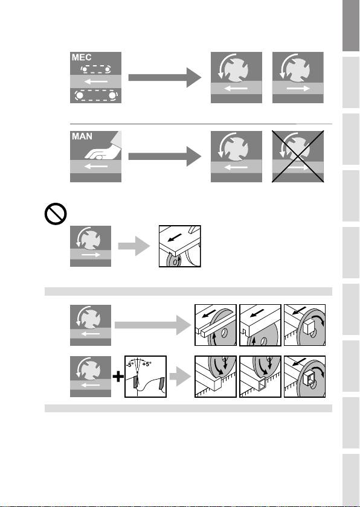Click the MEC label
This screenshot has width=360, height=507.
click(x=82, y=57)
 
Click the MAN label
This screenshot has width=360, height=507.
click(x=82, y=136)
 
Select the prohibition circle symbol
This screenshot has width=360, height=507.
click(x=56, y=214)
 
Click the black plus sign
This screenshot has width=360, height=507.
click(x=118, y=377)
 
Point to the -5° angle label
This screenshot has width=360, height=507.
click(x=130, y=364)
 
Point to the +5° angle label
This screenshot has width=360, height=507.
click(x=147, y=364)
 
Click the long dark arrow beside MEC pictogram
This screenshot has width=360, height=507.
click(x=165, y=77)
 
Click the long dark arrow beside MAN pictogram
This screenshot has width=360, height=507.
click(x=165, y=156)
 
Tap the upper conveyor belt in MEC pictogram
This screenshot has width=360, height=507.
click(x=96, y=69)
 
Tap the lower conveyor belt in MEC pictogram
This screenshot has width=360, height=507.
click(x=96, y=95)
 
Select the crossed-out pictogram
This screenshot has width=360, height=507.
click(x=298, y=156)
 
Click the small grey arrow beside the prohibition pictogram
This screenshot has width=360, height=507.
click(x=134, y=246)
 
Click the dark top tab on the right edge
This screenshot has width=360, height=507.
click(x=351, y=25)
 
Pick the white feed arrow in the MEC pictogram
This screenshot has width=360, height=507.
click(x=96, y=81)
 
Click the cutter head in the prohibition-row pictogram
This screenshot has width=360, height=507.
click(x=91, y=241)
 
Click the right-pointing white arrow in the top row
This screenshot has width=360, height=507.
click(x=298, y=88)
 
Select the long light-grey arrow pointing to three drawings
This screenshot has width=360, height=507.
click(x=153, y=325)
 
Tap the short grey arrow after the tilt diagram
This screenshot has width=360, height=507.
click(x=180, y=377)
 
